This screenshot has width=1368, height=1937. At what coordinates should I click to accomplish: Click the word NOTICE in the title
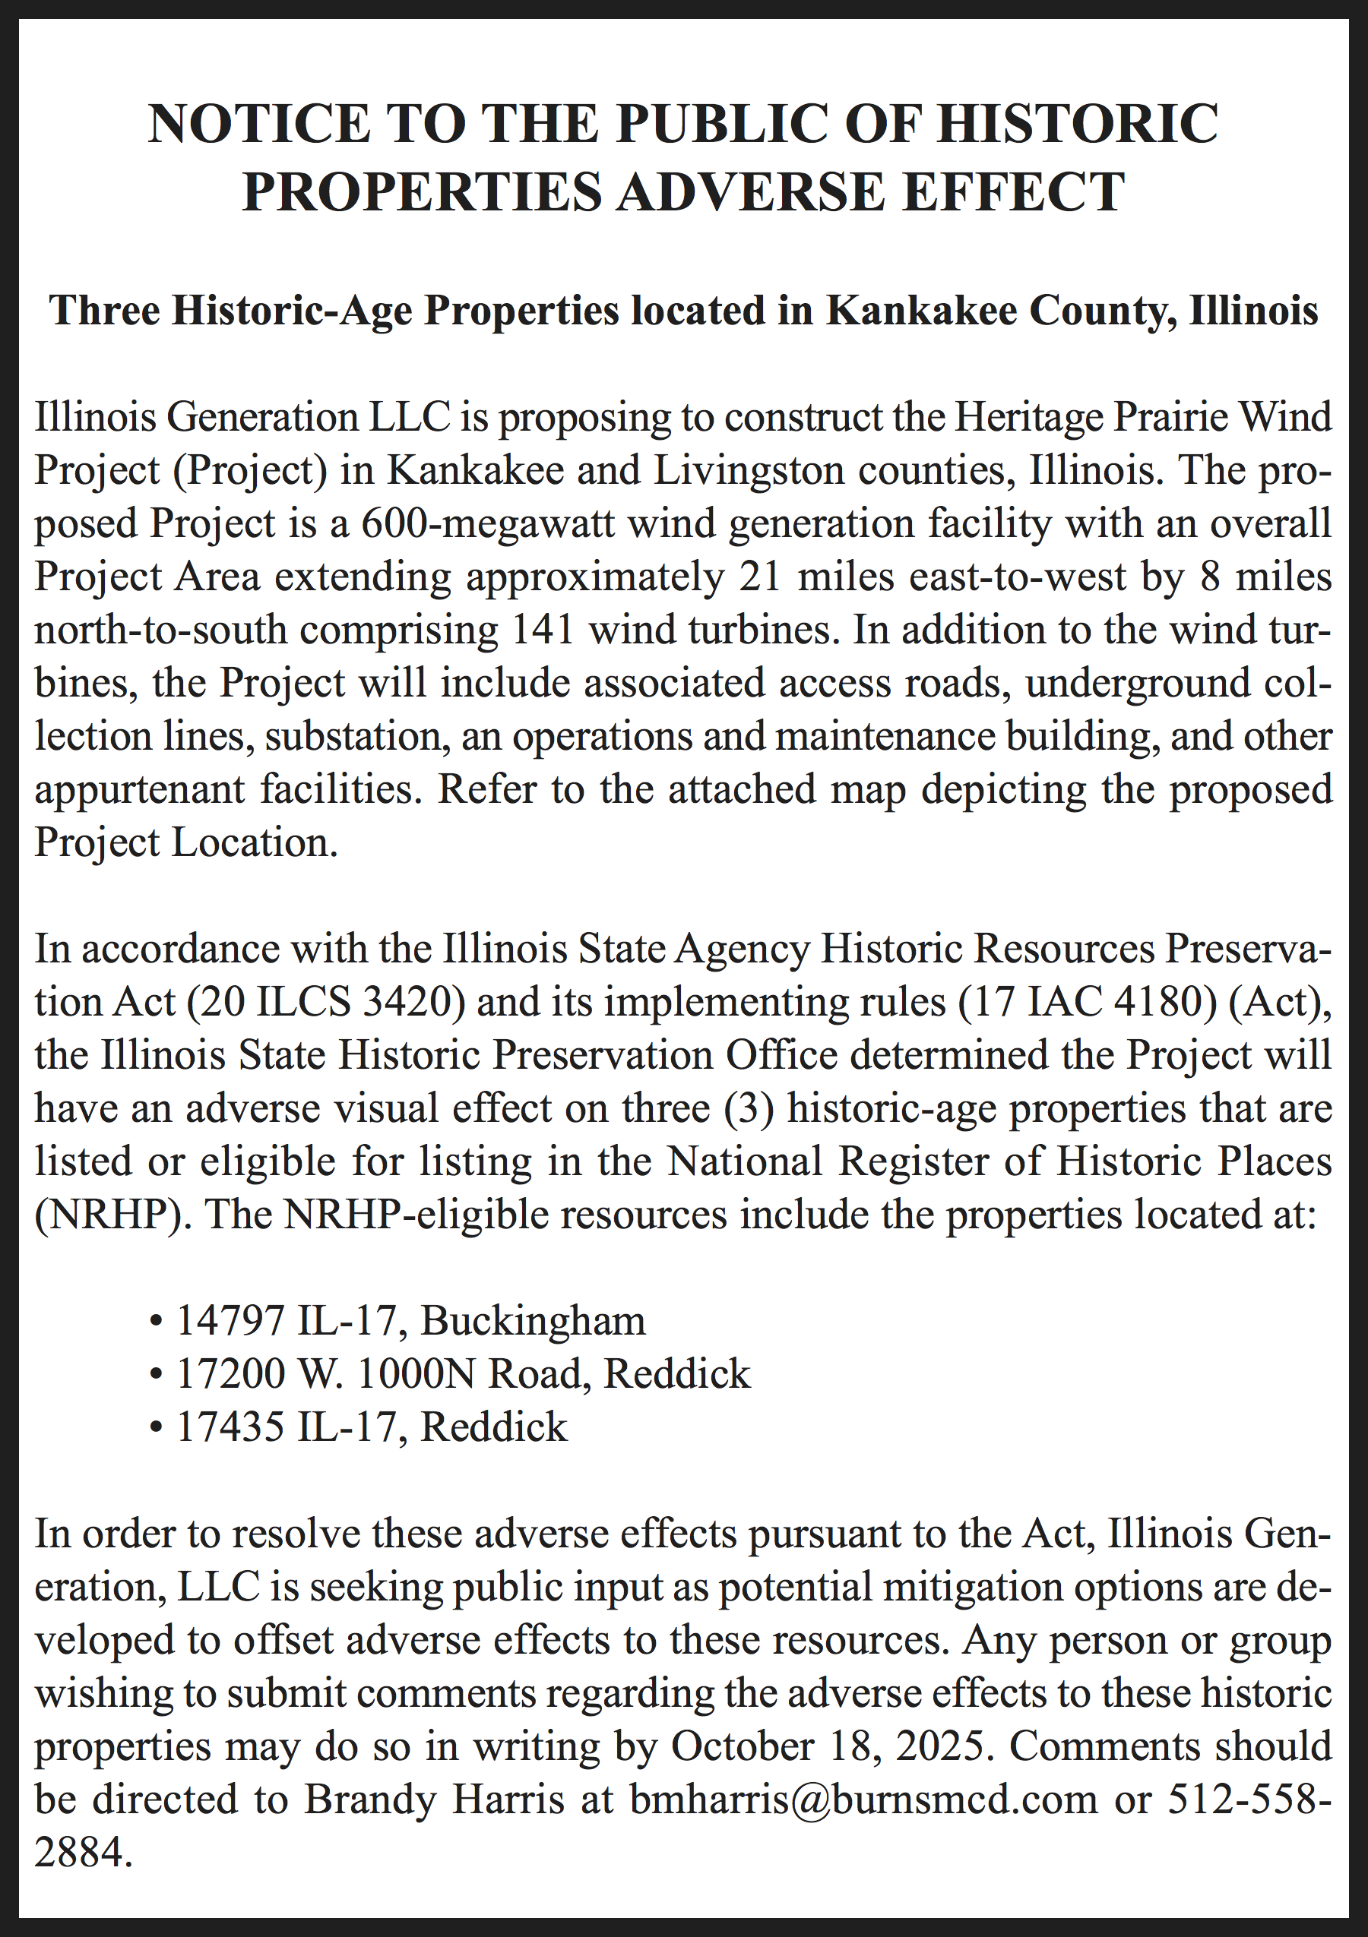point(259,124)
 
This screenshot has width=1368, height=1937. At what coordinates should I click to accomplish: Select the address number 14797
point(230,1320)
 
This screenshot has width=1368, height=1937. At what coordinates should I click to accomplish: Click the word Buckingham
point(534,1320)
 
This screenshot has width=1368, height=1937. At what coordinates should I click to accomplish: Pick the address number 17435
point(230,1427)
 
